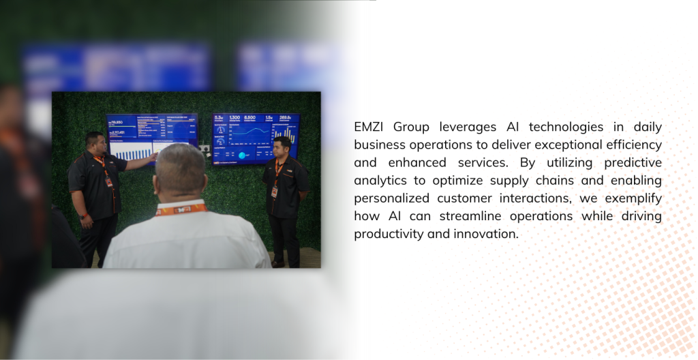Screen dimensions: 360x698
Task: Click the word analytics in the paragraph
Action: (x=380, y=181)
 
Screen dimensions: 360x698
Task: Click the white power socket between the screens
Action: (x=204, y=147)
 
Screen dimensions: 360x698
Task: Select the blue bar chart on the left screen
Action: (x=133, y=155)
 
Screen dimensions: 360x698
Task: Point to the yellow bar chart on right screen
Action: (x=289, y=136)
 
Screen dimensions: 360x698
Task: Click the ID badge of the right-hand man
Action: (x=275, y=192)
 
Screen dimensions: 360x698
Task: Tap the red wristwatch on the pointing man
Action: (x=82, y=217)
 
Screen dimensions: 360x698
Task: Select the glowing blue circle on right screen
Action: (x=243, y=155)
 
